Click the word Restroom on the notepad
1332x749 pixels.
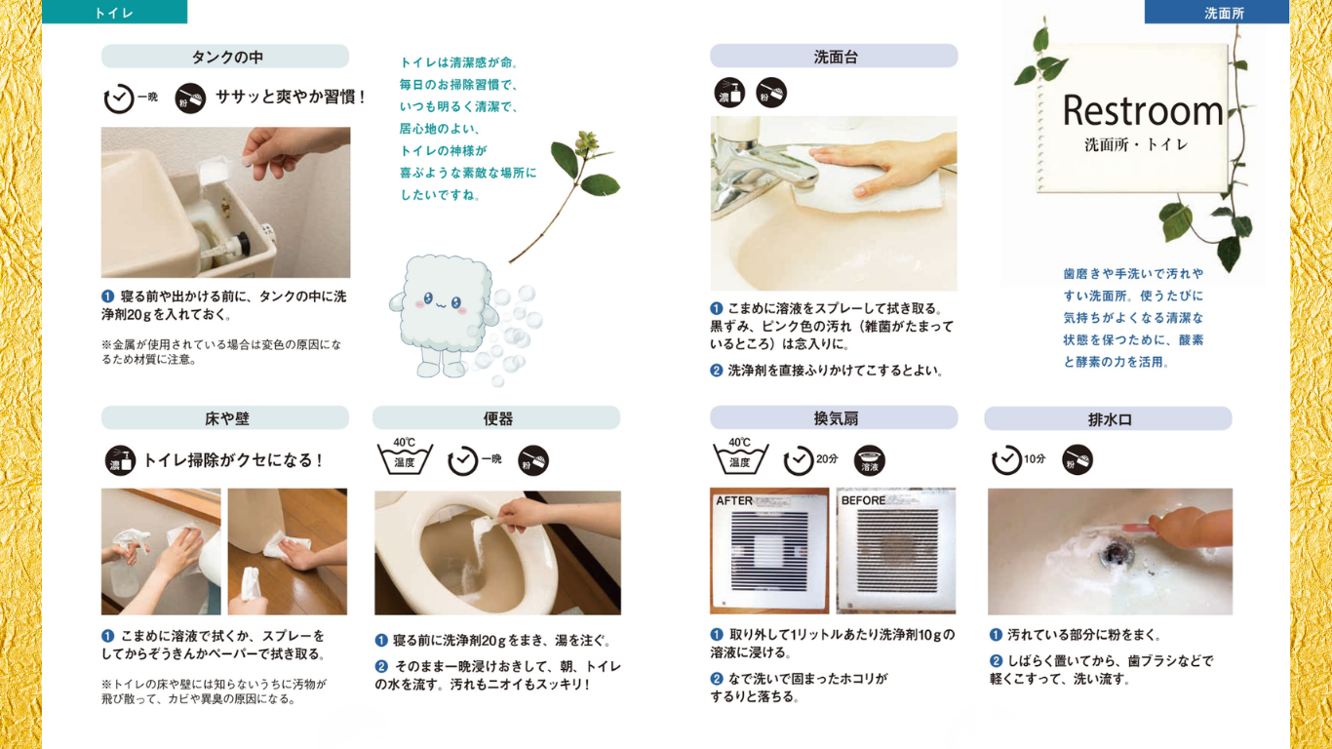pyautogui.click(x=1142, y=110)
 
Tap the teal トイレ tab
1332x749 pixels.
pyautogui.click(x=114, y=12)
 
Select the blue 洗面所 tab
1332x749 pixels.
pyautogui.click(x=1217, y=12)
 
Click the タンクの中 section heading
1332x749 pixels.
pyautogui.click(x=225, y=57)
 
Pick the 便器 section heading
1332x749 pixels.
pyautogui.click(x=496, y=418)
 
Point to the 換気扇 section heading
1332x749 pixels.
pyautogui.click(x=834, y=418)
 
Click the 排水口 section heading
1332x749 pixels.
pyautogui.click(x=1109, y=418)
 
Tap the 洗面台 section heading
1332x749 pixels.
pyautogui.click(x=834, y=57)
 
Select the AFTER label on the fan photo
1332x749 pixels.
pyautogui.click(x=734, y=500)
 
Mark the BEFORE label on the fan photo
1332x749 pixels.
pyautogui.click(x=863, y=500)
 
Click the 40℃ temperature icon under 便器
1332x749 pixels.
pyautogui.click(x=405, y=456)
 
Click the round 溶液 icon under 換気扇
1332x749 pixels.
pyautogui.click(x=870, y=460)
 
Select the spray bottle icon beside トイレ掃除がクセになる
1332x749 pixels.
pyautogui.click(x=120, y=460)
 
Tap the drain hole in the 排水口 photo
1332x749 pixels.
pyautogui.click(x=1114, y=555)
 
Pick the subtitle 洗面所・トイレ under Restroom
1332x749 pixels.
pyautogui.click(x=1136, y=144)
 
